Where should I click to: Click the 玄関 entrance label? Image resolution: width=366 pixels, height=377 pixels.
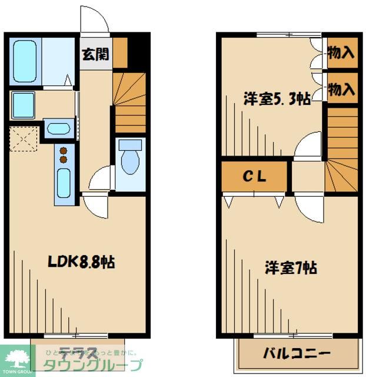point(94,54)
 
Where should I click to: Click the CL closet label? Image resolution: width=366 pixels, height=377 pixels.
point(255,176)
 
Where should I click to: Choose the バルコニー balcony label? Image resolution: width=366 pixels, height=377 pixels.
point(297,355)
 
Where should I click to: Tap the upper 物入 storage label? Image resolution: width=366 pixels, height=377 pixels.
point(341,53)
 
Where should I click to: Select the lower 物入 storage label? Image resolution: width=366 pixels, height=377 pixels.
point(341,89)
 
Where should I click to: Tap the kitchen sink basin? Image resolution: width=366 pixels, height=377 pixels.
point(63,182)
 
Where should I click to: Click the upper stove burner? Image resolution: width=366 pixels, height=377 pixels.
point(63,149)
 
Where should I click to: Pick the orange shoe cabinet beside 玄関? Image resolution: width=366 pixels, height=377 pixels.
point(120,52)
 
